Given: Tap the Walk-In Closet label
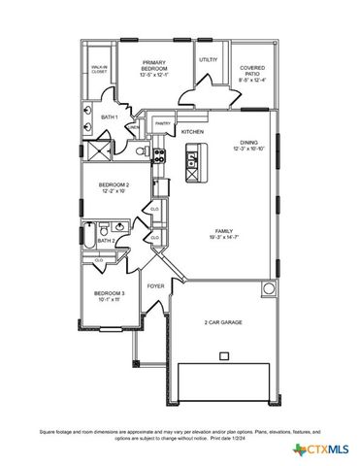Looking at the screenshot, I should coord(99,69).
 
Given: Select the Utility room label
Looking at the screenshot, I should coord(208,60).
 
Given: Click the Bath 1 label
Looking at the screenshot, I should coord(109,117).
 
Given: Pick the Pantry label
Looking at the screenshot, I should coord(162,123).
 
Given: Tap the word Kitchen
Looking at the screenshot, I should coord(192,131).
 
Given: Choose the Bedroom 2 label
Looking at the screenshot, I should coord(114,186).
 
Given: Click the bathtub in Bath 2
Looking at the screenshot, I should coord(87,235).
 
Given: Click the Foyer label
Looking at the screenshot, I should coord(155,286).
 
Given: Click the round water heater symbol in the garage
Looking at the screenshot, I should coord(267,288).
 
